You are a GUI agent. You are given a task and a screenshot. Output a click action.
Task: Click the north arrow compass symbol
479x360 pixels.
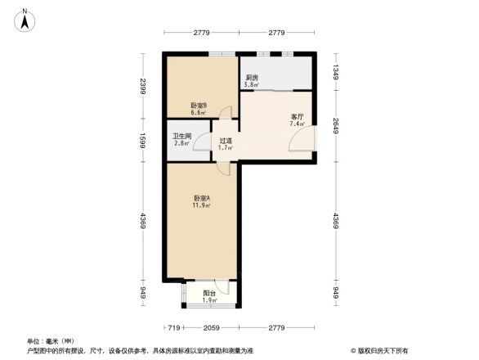point(25,17)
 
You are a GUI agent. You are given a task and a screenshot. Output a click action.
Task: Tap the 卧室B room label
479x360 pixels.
point(199,106)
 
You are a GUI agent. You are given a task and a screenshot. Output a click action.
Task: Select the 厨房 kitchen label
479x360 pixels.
point(253,78)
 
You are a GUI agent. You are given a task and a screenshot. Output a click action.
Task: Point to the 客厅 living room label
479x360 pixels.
point(298,117)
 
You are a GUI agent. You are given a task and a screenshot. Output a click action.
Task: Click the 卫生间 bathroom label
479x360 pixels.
point(181,137)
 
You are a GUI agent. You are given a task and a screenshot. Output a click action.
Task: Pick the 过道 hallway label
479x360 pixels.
point(226,141)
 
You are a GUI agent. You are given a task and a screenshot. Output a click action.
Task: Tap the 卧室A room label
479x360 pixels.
point(202,198)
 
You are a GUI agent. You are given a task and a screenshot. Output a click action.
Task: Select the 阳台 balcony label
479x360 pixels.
point(209,293)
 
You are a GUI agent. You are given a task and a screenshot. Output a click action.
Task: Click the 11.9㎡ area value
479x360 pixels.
point(202,205)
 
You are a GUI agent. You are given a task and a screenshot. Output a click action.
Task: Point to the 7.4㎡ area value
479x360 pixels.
point(298,124)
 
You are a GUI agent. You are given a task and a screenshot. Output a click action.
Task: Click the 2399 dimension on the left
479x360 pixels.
point(142,86)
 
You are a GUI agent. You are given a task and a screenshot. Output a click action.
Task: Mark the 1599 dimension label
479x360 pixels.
point(142,139)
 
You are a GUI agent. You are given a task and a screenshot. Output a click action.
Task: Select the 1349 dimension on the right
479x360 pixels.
point(335,72)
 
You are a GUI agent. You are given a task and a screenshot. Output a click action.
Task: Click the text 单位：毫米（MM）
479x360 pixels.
point(51,340)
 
